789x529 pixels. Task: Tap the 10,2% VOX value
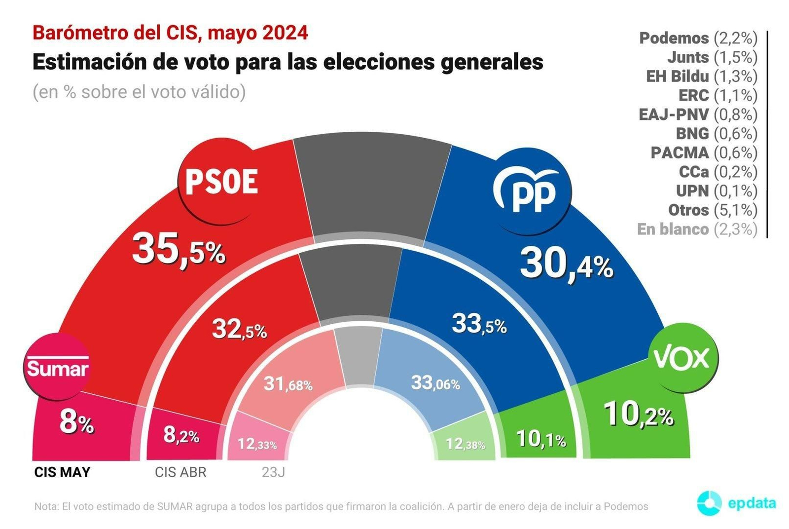point(638,415)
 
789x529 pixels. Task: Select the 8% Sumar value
point(76,423)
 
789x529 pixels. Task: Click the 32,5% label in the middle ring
point(239,329)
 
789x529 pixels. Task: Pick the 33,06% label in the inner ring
point(435,383)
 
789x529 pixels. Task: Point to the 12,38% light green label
point(465,444)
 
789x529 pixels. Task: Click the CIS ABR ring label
point(180,472)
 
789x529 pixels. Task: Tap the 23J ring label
point(273,472)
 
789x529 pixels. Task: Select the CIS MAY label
point(62,472)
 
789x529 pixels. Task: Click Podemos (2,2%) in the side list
point(698,38)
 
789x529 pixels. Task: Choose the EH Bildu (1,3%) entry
point(701,76)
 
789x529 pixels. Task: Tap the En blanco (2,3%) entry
point(697,229)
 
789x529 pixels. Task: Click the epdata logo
point(736,503)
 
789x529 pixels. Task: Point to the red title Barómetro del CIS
point(170,33)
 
